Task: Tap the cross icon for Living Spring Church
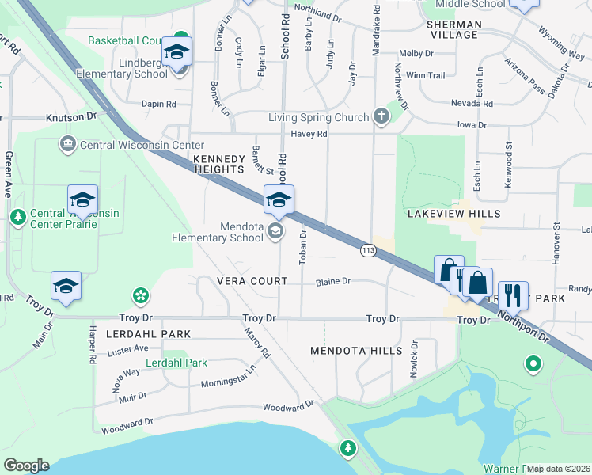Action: point(382,117)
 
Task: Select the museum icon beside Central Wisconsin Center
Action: point(67,144)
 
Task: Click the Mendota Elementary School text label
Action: point(218,231)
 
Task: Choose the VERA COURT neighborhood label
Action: point(252,282)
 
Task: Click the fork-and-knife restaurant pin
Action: point(513,295)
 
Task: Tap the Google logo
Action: point(26,465)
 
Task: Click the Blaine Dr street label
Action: point(332,282)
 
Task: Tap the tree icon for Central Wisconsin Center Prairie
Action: point(17,215)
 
